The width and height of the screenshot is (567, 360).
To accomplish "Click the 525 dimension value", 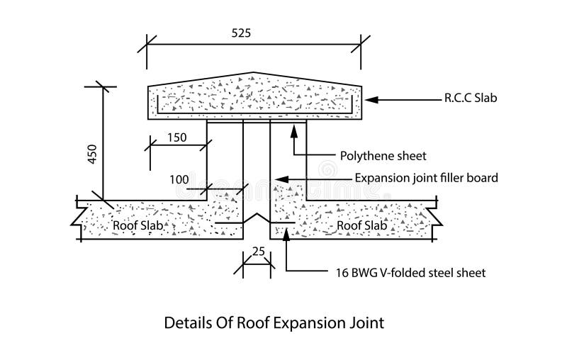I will (241, 33).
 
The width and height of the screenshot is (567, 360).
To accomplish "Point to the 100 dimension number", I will (180, 180).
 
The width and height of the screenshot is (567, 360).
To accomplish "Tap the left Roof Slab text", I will (139, 225).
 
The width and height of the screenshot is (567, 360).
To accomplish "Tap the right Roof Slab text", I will (361, 225).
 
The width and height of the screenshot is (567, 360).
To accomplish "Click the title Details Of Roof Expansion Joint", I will (274, 324).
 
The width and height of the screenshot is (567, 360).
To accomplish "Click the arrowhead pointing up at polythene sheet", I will (293, 129).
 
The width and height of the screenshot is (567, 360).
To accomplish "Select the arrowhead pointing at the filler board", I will (279, 179).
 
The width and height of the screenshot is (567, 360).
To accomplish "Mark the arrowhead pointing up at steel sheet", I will (286, 232).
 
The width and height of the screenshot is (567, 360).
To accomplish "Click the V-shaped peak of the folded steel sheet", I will (256, 211).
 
